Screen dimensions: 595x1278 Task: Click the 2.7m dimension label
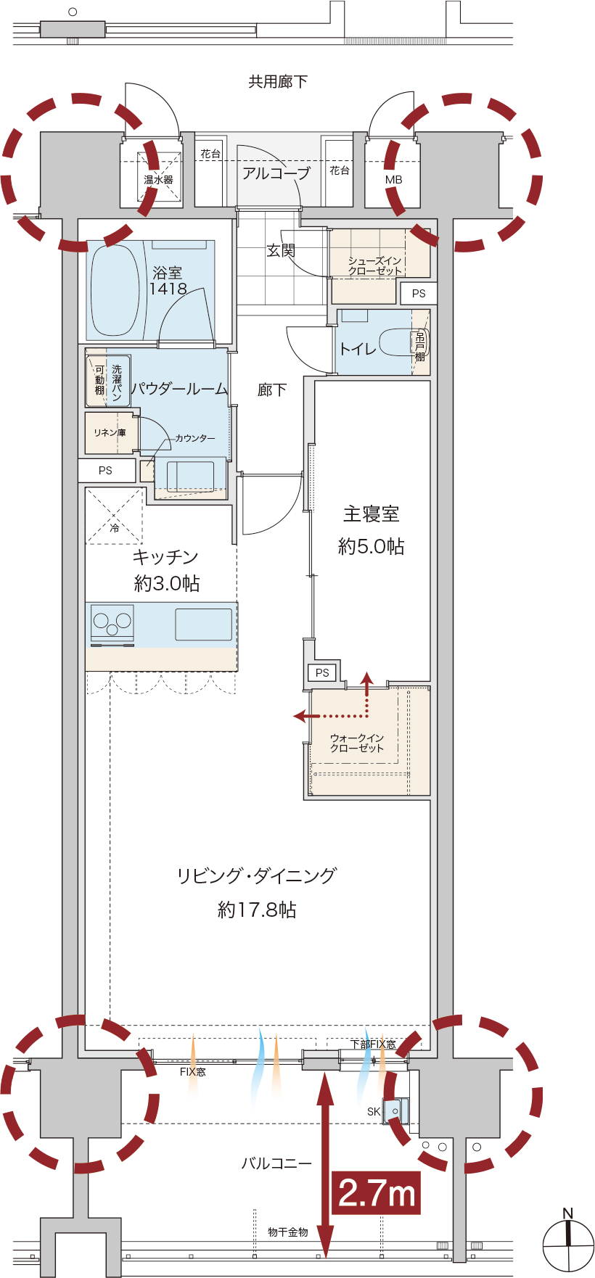coord(377,1192)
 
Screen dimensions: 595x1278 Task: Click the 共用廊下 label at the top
coord(278,81)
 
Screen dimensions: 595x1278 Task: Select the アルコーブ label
coord(276,173)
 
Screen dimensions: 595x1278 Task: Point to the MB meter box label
coord(394,180)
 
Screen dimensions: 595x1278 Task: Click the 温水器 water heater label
coord(158,180)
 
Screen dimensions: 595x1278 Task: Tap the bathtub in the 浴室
coord(113,291)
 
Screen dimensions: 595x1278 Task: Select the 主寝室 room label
coord(371,514)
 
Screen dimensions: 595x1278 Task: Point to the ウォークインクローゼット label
coord(357,743)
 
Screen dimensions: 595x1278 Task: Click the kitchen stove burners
coord(112,622)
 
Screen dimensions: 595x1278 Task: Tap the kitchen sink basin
coord(204,624)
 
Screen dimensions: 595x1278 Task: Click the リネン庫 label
coord(110,432)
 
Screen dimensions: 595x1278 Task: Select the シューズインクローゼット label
coord(374,265)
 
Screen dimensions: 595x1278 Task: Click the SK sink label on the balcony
coord(374,1111)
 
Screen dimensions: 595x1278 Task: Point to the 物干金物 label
coord(288,1232)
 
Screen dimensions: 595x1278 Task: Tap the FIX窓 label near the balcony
coord(193,1071)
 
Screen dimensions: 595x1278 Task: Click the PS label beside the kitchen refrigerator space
coord(105,470)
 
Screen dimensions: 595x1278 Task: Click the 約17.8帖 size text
coord(257,910)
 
